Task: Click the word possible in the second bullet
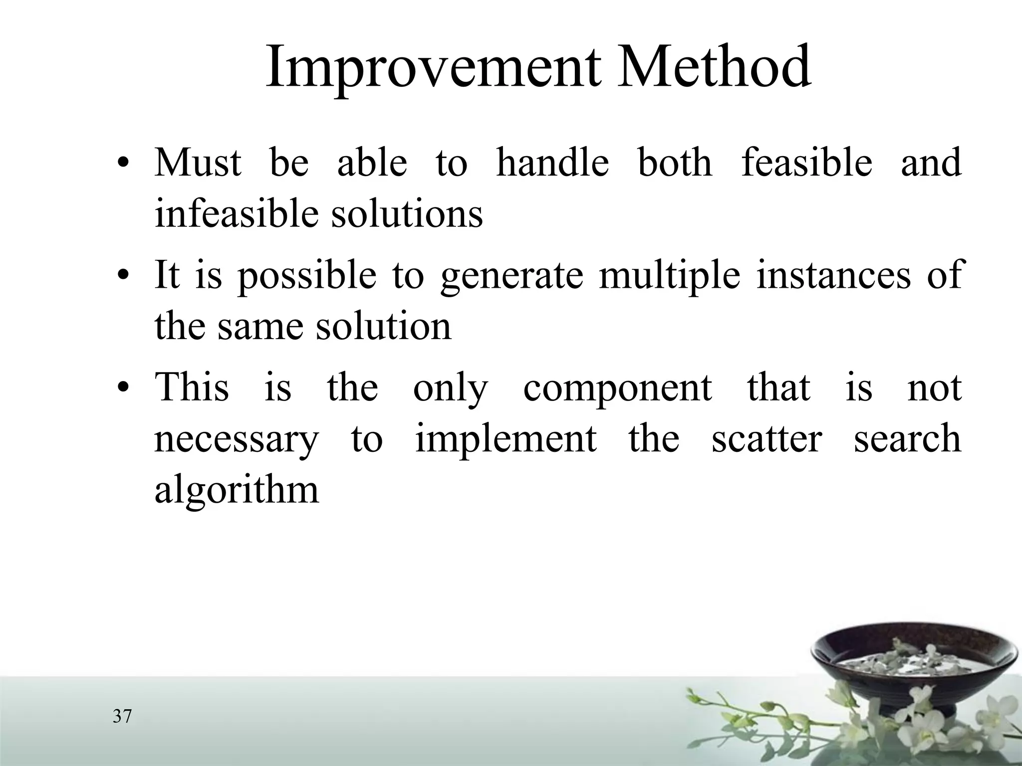coord(306,276)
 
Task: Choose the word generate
coord(511,276)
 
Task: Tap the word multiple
coord(669,276)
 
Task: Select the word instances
coord(833,276)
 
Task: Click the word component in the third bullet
coord(617,388)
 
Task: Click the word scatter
coord(766,439)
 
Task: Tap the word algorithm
coord(237,491)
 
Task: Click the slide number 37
coord(122,717)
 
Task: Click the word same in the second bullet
coord(259,327)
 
